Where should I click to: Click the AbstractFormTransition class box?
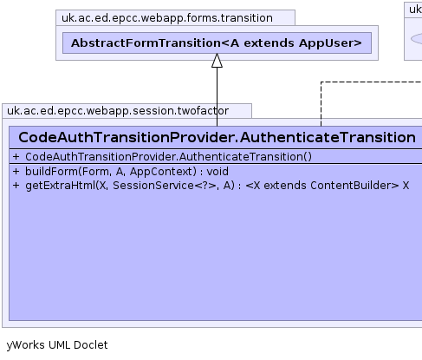click(x=217, y=43)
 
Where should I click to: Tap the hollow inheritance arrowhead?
click(x=217, y=61)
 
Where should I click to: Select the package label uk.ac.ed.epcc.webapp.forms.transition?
click(x=167, y=18)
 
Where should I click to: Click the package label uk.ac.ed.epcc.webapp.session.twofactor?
click(x=118, y=111)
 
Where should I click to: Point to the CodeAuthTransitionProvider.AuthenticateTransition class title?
click(x=217, y=137)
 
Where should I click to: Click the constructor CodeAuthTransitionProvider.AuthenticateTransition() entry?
click(x=168, y=157)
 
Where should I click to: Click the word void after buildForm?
click(x=217, y=172)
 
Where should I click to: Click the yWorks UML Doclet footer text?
click(x=57, y=345)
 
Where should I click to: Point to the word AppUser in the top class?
click(x=330, y=43)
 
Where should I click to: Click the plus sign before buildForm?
click(x=16, y=172)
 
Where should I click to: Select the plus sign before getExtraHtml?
click(x=16, y=186)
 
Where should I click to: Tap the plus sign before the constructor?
click(x=16, y=157)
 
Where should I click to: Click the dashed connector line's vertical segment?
click(x=321, y=104)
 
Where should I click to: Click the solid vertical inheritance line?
click(x=217, y=97)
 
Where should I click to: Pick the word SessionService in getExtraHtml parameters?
click(x=153, y=186)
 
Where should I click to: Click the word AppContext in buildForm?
click(x=161, y=172)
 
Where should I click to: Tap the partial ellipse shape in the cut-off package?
click(x=417, y=39)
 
